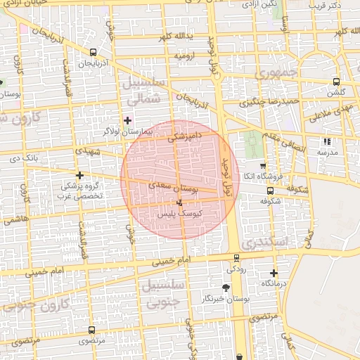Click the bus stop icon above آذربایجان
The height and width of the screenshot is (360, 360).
[x=94, y=52]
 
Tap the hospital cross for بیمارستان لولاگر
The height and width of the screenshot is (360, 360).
[x=127, y=120]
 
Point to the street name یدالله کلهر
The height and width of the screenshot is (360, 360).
[x=174, y=36]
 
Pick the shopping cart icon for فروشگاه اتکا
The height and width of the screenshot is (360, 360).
[x=263, y=165]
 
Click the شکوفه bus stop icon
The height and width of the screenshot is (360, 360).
[x=271, y=191]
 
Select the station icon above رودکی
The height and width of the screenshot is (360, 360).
[x=235, y=257]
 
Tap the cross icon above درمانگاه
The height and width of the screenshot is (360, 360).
[x=274, y=273]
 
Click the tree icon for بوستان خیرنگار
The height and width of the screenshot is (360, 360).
[x=226, y=288]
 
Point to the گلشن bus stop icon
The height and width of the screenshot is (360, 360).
[x=336, y=82]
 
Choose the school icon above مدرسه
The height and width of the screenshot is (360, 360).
[x=327, y=141]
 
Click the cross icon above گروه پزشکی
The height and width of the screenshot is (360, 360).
[x=79, y=175]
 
